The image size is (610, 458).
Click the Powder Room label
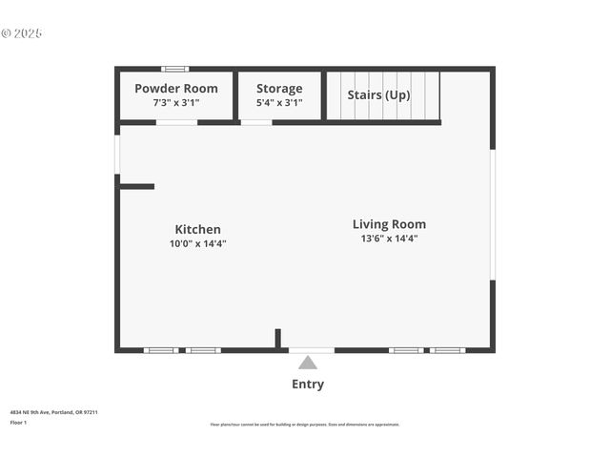point(175,89)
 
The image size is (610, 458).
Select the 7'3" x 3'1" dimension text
point(175,102)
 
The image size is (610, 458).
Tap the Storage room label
point(279,89)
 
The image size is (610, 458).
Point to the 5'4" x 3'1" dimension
point(279,102)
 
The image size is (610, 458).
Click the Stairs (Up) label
point(378,94)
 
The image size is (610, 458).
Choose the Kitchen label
point(197,229)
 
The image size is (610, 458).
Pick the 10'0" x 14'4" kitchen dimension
point(197,243)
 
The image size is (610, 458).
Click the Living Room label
point(389,224)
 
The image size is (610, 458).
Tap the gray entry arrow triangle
point(307,363)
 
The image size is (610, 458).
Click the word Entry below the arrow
point(307,385)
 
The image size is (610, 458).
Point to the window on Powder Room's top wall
point(174,69)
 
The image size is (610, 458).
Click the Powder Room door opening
point(176,122)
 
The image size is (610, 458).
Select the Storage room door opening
point(256,122)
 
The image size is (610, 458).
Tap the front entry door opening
point(312,350)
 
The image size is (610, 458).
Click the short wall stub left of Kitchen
point(136,186)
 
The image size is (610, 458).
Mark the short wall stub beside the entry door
point(277,338)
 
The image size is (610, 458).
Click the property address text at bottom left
point(53,412)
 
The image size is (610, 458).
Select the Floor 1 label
point(18,422)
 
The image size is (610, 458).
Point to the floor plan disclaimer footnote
point(305,425)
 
